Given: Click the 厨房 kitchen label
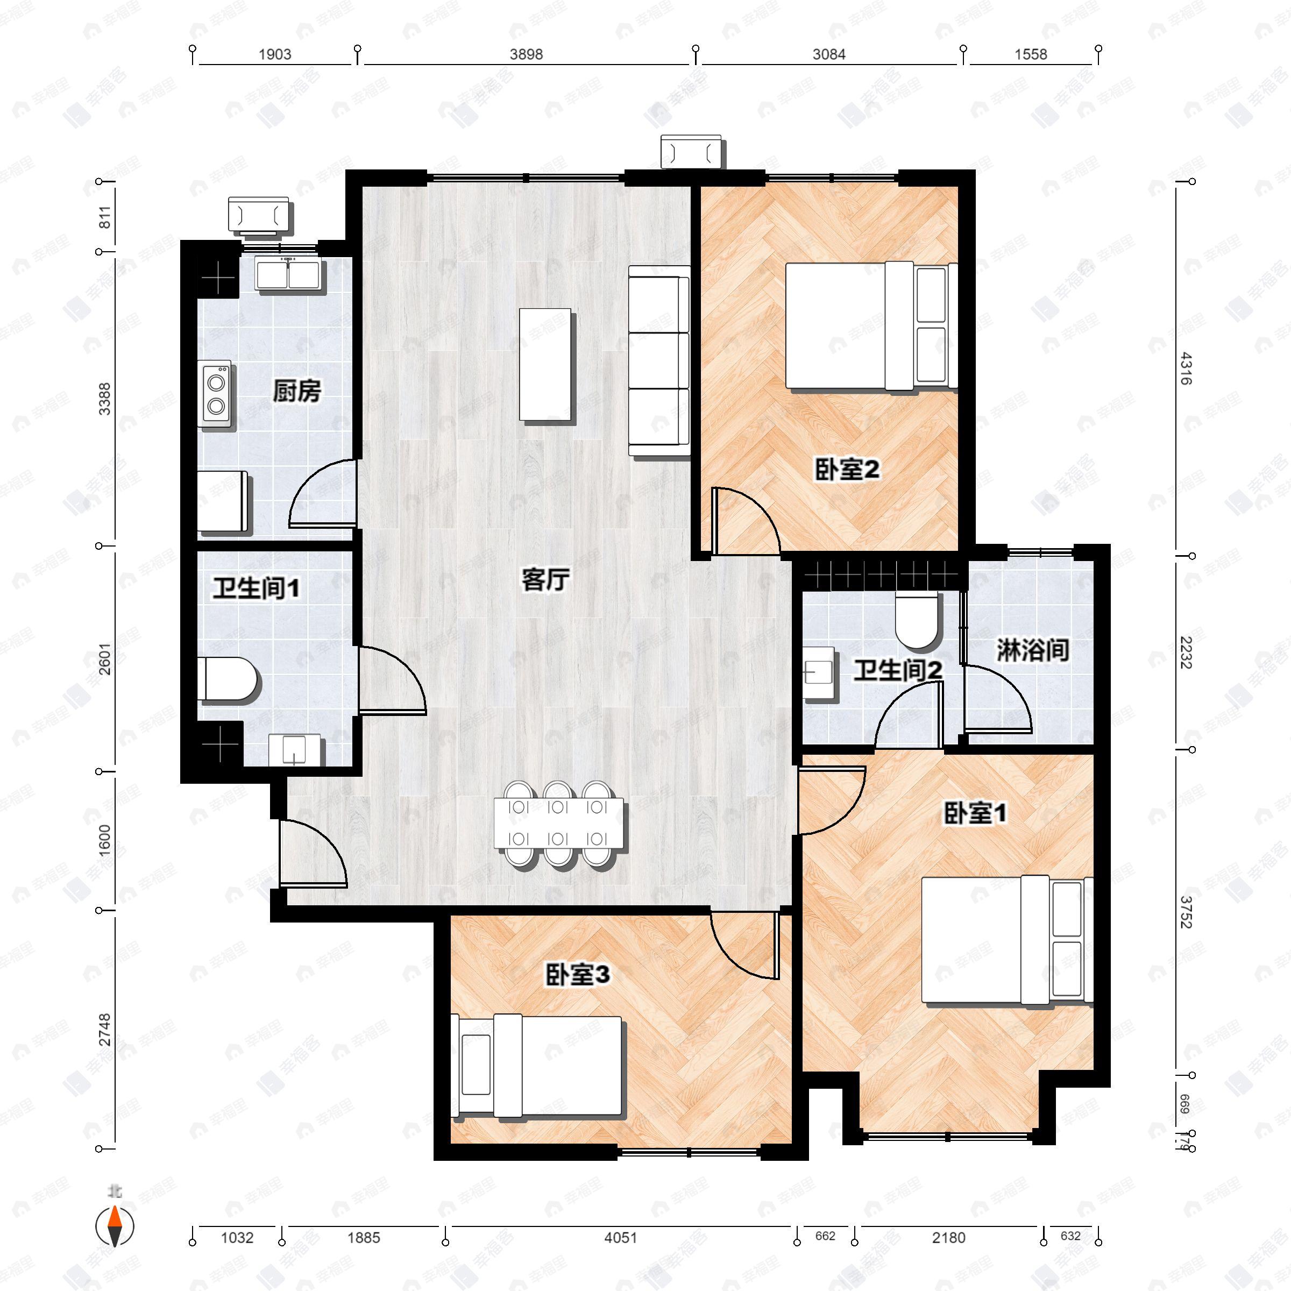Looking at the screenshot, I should tap(297, 391).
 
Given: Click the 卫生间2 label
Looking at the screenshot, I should tap(897, 670).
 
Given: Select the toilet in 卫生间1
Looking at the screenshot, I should tap(227, 679).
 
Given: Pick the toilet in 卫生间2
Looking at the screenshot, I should tap(917, 621).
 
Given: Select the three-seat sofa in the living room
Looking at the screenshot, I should tap(659, 361).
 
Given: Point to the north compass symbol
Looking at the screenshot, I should tap(116, 1225).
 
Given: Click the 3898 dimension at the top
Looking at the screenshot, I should tap(526, 55).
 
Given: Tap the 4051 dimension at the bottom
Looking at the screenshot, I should tap(621, 1238).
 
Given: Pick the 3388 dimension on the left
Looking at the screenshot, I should tap(105, 399).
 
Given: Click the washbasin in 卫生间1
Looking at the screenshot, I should tap(294, 749).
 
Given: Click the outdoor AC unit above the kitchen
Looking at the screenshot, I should tap(259, 215).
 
